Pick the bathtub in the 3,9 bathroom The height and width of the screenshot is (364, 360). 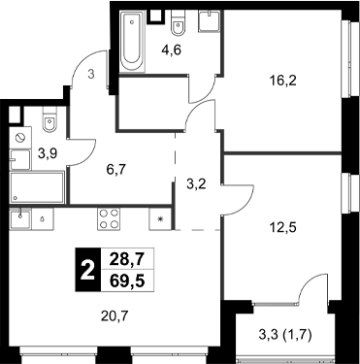click(x=37, y=186)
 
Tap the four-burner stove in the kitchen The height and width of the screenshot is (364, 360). click(x=108, y=218)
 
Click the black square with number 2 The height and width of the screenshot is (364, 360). click(x=88, y=273)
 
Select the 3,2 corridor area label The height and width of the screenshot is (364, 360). click(x=197, y=182)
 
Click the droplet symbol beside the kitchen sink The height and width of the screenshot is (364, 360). click(x=46, y=217)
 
